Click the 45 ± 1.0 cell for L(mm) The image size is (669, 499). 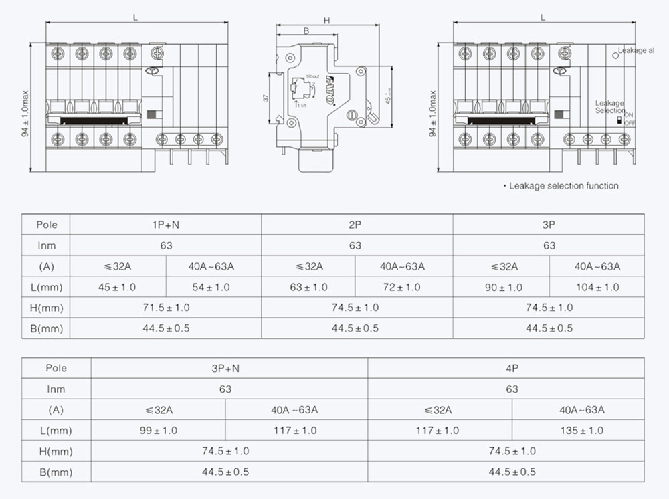click(118, 287)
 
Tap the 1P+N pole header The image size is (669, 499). click(166, 225)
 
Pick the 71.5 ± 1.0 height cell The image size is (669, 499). click(166, 308)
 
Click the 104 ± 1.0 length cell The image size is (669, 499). click(597, 287)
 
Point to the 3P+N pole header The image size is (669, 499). click(225, 368)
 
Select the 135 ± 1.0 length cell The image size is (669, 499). click(581, 431)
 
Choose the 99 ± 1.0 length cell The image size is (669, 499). click(159, 431)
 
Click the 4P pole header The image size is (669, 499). click(512, 368)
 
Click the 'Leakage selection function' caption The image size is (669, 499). click(563, 186)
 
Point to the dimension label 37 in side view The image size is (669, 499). click(266, 98)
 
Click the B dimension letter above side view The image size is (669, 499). click(306, 31)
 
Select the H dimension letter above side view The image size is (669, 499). click(327, 21)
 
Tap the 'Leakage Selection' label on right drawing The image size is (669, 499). click(609, 107)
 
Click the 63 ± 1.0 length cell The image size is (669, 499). click(308, 287)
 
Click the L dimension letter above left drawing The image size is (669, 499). click(136, 17)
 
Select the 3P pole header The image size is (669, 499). click(549, 225)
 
